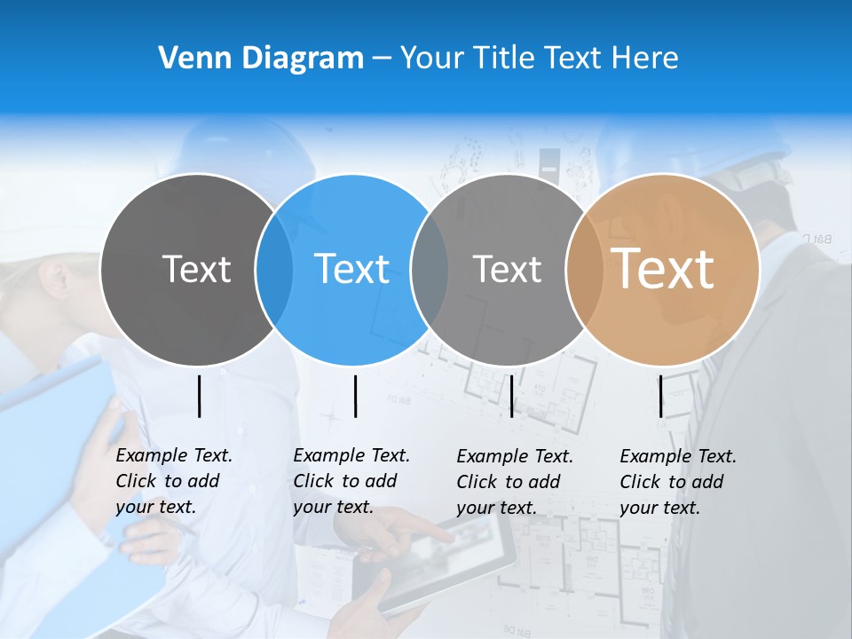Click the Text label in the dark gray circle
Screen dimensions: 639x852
point(196,269)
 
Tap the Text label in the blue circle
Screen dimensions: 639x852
point(351,269)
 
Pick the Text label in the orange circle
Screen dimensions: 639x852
point(663,269)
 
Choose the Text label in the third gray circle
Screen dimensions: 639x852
point(507,269)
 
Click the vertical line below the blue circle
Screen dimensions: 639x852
point(355,396)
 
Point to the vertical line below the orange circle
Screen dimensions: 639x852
point(661,396)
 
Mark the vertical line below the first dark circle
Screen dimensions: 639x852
point(200,396)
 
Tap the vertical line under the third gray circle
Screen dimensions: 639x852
point(511,396)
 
